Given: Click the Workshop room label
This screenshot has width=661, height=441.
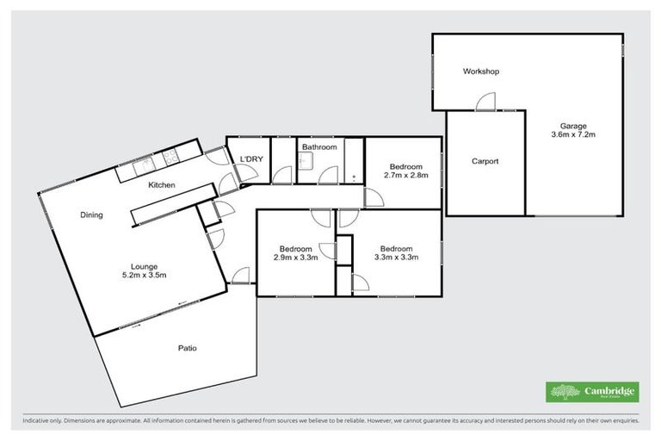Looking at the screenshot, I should (480, 71).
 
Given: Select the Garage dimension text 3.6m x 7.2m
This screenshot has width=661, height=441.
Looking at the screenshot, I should (572, 135).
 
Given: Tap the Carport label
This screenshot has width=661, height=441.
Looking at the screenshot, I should (485, 161).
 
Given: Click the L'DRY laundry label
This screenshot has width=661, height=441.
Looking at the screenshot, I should (251, 158).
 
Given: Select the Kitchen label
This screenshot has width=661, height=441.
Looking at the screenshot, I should (162, 185).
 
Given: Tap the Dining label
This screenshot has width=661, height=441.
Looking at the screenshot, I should (91, 214).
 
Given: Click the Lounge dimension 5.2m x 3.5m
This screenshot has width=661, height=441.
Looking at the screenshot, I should (142, 276).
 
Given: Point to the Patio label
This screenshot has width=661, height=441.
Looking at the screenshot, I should (187, 348).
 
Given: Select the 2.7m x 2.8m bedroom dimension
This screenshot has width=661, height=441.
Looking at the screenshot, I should (405, 176).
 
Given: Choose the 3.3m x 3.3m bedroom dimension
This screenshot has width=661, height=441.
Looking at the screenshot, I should (397, 257).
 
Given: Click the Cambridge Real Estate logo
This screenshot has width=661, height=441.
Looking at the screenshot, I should (592, 392).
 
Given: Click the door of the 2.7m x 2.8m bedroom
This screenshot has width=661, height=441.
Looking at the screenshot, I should (374, 197).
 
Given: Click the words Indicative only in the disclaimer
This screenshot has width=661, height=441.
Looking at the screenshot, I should (40, 421).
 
